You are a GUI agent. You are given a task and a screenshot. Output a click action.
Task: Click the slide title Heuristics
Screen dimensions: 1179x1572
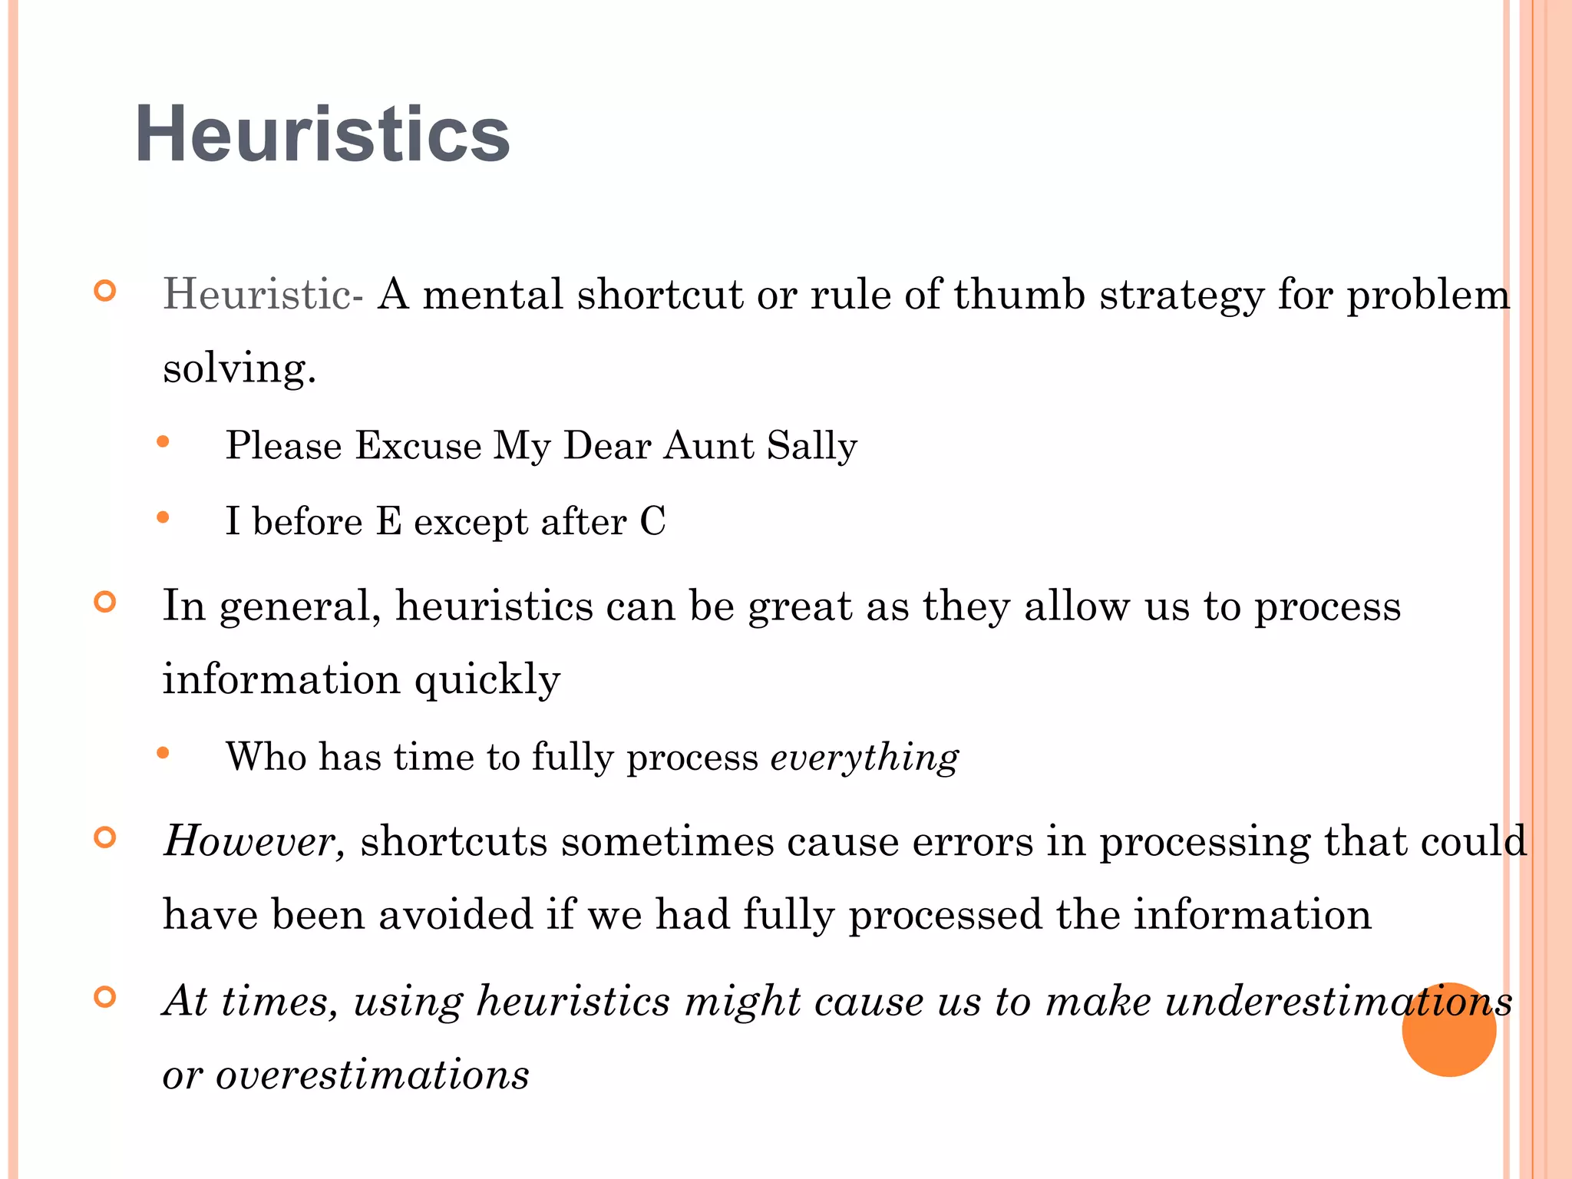point(322,134)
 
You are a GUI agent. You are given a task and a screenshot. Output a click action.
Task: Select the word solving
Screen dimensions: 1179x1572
point(239,368)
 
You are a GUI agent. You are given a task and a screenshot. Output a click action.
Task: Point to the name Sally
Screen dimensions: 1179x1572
point(811,445)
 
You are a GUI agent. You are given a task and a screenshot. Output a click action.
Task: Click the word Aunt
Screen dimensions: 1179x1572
point(708,445)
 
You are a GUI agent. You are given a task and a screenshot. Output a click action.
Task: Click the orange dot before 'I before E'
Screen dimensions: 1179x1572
point(163,518)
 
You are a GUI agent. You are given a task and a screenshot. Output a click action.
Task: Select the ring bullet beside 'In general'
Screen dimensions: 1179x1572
point(105,602)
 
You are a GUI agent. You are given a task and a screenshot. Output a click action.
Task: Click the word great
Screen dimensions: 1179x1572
point(800,606)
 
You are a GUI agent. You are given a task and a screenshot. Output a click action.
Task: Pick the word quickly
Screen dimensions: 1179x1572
point(487,679)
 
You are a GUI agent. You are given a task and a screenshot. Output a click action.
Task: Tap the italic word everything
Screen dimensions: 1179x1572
point(864,757)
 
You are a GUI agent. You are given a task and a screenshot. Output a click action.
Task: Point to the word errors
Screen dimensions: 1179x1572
point(973,840)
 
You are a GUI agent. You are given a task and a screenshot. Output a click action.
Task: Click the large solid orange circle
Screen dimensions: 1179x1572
point(1448,1029)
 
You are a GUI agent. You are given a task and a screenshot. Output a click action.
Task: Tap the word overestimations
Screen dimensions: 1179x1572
point(372,1074)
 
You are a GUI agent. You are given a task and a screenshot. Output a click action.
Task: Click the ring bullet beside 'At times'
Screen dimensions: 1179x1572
point(105,996)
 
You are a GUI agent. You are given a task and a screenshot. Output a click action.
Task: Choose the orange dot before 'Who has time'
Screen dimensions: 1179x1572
point(163,753)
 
